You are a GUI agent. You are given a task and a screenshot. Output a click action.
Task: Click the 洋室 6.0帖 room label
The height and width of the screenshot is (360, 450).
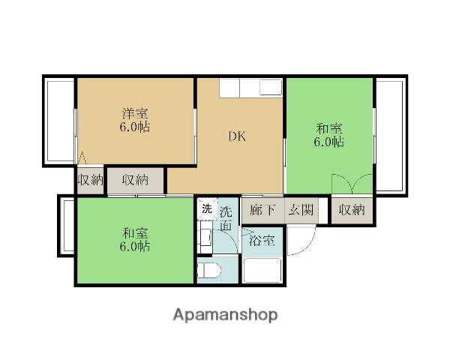[134, 120]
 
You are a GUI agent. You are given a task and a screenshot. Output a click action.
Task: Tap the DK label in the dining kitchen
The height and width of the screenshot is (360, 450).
[237, 136]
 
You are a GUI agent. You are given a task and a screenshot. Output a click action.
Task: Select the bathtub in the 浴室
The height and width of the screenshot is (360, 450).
[262, 271]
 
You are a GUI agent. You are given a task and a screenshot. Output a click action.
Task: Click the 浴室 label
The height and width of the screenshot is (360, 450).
[262, 241]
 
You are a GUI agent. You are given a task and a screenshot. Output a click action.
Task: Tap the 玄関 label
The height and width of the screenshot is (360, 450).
[301, 210]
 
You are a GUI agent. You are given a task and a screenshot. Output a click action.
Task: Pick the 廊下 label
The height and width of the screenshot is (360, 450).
[262, 210]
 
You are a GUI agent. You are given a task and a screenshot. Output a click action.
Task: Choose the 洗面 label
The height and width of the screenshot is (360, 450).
[226, 219]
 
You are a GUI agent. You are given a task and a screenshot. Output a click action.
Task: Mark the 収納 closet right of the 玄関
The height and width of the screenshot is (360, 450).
[352, 210]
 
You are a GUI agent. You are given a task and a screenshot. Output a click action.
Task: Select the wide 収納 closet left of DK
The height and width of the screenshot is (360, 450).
[135, 180]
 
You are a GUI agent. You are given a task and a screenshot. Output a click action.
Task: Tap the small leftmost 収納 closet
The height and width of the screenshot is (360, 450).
[91, 180]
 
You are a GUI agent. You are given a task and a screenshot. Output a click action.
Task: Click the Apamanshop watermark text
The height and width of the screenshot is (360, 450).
[225, 315]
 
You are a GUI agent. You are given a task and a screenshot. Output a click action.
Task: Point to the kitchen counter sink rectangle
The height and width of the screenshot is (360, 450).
[270, 87]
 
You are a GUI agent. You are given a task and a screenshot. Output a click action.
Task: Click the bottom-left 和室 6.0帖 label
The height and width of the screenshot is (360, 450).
[134, 240]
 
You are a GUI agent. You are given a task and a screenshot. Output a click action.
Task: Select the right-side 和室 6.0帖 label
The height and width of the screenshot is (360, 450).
[329, 135]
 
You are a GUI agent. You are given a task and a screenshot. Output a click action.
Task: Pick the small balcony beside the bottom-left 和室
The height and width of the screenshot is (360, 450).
[67, 226]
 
